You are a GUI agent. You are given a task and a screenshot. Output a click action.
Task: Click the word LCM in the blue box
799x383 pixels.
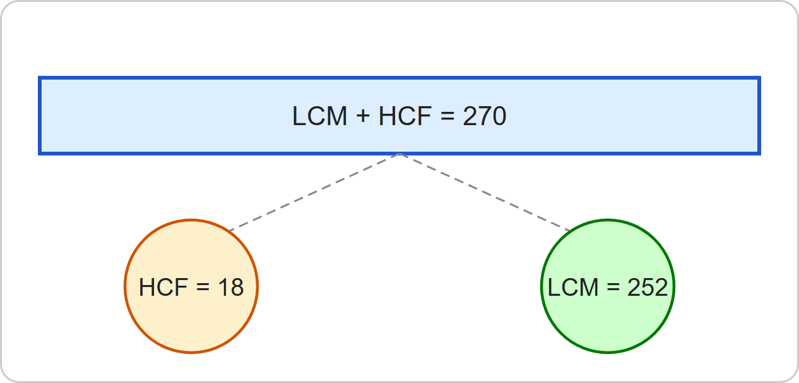[319, 116]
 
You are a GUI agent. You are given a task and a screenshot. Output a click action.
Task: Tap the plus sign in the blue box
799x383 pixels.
[363, 116]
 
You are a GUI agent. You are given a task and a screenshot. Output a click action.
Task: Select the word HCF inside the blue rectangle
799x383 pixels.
[405, 116]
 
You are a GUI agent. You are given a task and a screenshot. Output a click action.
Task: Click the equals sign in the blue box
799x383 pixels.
[447, 116]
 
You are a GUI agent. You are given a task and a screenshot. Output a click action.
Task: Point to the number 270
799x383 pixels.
[485, 116]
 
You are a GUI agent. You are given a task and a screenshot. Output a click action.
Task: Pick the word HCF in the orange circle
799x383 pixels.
[163, 287]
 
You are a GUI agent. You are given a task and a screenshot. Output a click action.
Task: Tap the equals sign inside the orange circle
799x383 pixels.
[203, 287]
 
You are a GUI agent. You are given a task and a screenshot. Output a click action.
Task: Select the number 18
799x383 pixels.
[231, 287]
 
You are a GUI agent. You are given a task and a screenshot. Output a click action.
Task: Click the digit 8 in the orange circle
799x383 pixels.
[237, 287]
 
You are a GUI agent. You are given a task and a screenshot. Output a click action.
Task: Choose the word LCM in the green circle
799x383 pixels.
[573, 287]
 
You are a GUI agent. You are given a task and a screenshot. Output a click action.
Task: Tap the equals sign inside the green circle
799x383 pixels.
[613, 287]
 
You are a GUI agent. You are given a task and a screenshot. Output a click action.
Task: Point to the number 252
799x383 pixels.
[648, 287]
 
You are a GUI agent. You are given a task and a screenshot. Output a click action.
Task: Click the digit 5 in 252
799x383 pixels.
[648, 287]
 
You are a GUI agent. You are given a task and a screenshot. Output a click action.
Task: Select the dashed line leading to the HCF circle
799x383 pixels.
[314, 192]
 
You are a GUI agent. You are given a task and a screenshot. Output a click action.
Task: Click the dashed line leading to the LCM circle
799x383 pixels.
[485, 192]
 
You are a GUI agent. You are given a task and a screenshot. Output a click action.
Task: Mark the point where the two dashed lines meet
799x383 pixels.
[399, 154]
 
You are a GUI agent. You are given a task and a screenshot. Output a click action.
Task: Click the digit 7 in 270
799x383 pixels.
[484, 116]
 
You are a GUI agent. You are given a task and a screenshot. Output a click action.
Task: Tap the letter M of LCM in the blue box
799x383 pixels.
[338, 116]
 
